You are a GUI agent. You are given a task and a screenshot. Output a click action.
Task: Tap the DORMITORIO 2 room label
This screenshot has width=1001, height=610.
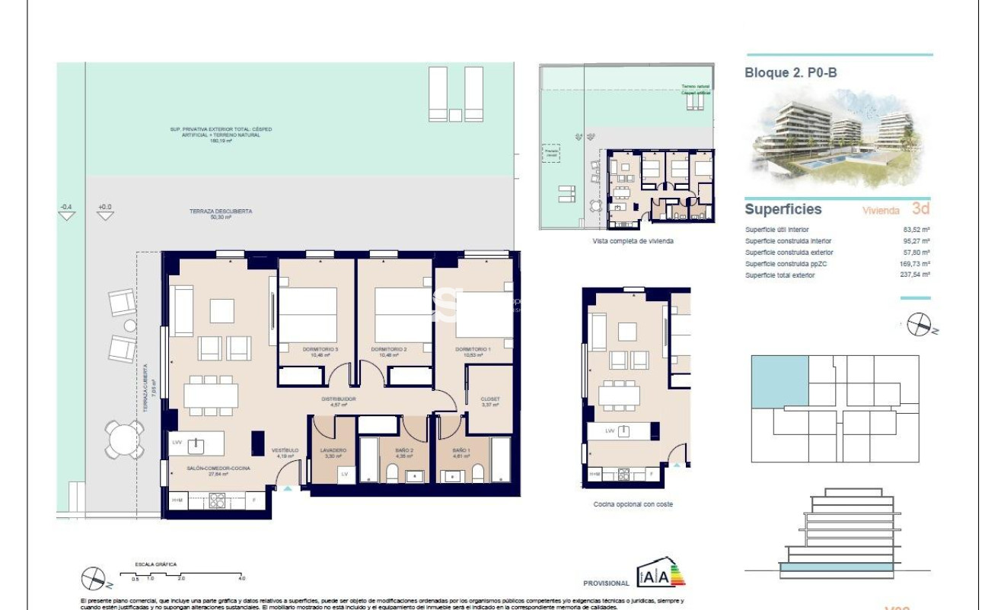click(389, 349)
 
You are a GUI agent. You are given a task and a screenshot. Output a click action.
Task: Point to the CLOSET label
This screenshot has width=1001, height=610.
click(490, 399)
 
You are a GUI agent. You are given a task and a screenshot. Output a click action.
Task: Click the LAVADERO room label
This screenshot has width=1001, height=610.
click(333, 450)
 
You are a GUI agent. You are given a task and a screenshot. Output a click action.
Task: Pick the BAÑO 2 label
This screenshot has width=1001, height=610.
click(403, 450)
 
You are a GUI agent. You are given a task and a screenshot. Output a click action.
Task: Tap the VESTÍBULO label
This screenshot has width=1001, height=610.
click(285, 451)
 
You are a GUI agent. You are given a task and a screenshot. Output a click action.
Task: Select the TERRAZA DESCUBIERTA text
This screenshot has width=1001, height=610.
click(221, 211)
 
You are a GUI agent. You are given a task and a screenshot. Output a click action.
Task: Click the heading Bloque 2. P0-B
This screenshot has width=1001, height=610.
click(790, 73)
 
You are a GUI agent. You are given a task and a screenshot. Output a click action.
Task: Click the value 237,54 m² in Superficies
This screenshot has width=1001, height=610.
click(915, 275)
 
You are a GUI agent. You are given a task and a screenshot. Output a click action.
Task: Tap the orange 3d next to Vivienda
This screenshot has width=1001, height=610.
click(921, 209)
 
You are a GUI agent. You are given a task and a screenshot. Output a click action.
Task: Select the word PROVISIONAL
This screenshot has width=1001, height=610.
click(606, 583)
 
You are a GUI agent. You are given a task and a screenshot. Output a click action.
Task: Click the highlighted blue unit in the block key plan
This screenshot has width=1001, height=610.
click(779, 380)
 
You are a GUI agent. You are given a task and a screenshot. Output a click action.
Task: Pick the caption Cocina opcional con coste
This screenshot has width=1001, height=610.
click(633, 504)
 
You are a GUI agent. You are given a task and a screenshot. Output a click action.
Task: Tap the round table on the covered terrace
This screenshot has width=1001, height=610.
click(123, 439)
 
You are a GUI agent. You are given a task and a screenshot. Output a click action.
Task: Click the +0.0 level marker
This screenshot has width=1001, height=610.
click(105, 208)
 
